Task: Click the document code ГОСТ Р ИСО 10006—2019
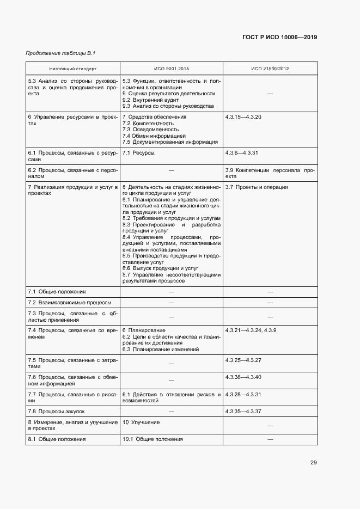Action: click(x=279, y=37)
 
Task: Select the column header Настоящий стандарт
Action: click(x=72, y=70)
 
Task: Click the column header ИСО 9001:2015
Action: click(x=171, y=70)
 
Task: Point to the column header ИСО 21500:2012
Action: click(x=270, y=70)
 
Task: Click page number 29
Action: click(x=314, y=463)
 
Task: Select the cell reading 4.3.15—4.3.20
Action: click(x=243, y=117)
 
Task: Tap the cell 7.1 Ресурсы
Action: click(x=138, y=153)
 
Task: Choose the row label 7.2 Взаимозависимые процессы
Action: click(x=70, y=302)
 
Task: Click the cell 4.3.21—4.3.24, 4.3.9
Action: click(x=251, y=330)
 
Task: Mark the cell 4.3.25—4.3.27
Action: click(x=243, y=360)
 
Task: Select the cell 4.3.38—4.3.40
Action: click(x=243, y=377)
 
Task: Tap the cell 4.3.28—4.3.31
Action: click(x=243, y=394)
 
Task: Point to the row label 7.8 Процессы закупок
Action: click(x=57, y=411)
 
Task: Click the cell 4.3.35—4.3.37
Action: click(x=243, y=411)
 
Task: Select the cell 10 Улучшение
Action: click(x=141, y=422)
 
